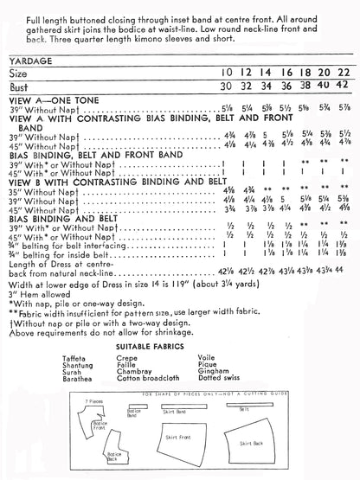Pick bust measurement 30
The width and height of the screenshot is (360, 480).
(227, 86)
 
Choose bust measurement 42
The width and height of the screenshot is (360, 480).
(344, 86)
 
